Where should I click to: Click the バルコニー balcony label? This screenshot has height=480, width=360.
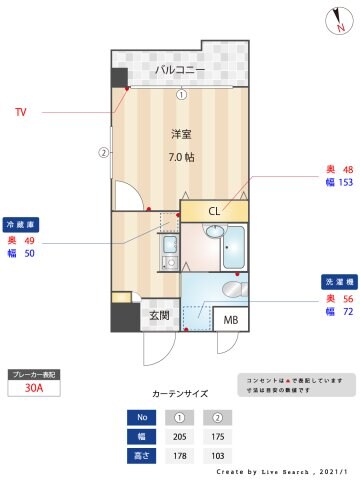point(180,70)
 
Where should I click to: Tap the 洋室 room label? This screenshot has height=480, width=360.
point(181,133)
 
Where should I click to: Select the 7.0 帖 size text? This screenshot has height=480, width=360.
point(181,157)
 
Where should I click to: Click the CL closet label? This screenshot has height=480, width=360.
point(213,211)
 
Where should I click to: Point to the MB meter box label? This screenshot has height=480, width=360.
point(230,320)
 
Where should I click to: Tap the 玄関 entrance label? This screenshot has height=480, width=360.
point(160,316)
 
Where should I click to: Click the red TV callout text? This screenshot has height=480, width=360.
point(20,112)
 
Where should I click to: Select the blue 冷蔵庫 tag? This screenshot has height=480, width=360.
point(20,224)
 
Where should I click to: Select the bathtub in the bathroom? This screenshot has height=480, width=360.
point(236,247)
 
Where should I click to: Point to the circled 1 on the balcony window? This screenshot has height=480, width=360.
point(181,95)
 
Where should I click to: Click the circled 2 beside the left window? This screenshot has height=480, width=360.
point(102,153)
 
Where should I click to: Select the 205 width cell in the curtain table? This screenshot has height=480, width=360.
point(181,436)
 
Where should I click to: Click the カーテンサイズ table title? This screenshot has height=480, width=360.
point(180,394)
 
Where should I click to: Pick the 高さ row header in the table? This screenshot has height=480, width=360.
point(141,456)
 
